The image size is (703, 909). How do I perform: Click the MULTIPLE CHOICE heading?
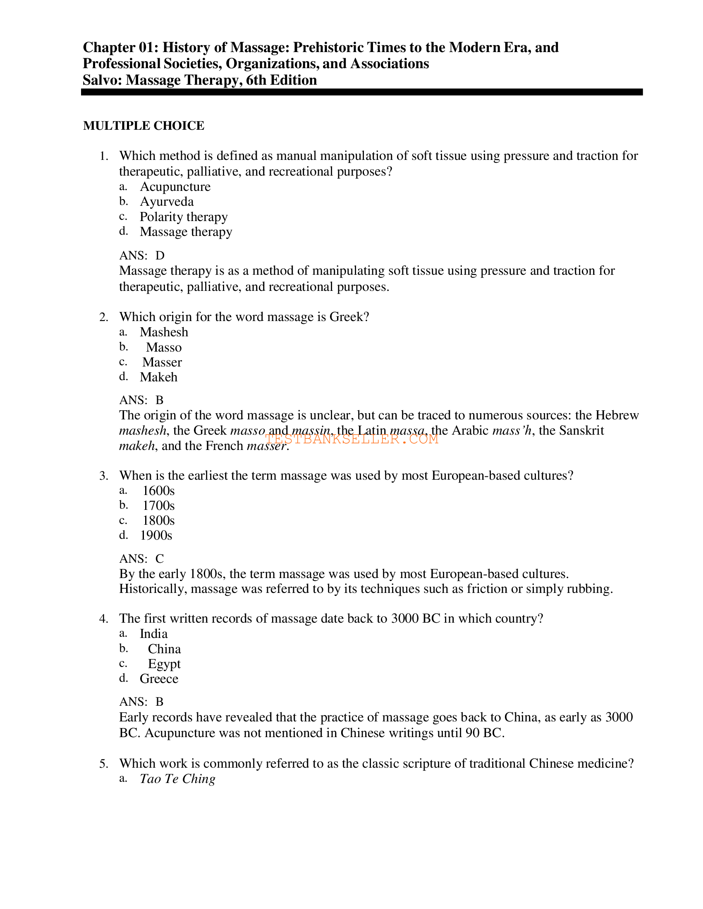click(x=143, y=126)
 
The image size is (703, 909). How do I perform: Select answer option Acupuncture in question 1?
click(x=175, y=186)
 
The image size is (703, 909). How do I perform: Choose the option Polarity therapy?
click(x=183, y=217)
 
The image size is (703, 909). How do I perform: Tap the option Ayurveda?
click(x=167, y=202)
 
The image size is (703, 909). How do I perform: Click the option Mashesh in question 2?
click(x=164, y=332)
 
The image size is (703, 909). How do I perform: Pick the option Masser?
click(x=162, y=362)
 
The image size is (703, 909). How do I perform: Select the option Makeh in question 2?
click(x=158, y=378)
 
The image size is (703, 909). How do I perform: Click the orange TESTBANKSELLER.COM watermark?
click(x=351, y=439)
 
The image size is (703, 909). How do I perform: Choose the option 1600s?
click(x=158, y=491)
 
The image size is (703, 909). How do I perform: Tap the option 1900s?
click(x=156, y=535)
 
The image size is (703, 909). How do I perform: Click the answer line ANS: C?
click(x=141, y=559)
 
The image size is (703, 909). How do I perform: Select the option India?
click(x=154, y=634)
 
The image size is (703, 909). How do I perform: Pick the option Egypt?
click(x=164, y=664)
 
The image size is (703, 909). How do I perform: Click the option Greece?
click(x=159, y=679)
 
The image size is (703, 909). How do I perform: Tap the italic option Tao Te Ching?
click(x=177, y=779)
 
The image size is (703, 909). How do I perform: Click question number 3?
click(x=103, y=476)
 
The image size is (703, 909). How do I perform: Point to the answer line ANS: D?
click(x=141, y=255)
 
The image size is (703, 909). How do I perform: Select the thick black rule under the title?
click(x=361, y=92)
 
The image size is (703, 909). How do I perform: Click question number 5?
click(x=103, y=764)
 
